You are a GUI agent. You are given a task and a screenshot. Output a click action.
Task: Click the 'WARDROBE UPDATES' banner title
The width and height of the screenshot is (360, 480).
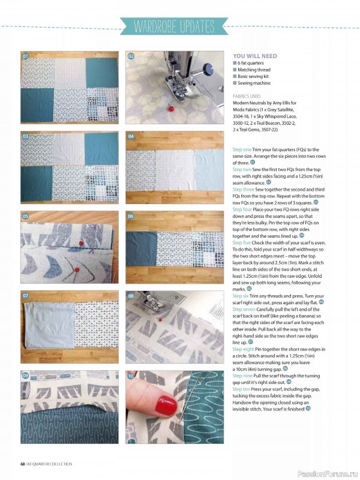tap(174, 26)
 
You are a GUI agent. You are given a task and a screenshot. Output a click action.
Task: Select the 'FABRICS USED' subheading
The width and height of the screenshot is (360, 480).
tap(247, 95)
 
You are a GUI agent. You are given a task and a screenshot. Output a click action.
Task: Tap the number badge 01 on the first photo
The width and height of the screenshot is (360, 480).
tap(26, 56)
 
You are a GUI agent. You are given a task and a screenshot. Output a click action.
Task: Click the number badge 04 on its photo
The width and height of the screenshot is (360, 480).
tap(131, 136)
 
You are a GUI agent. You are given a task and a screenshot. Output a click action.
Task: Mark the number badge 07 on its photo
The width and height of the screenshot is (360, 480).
tap(26, 296)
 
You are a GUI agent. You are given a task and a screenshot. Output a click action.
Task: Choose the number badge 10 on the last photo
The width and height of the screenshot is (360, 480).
tap(131, 376)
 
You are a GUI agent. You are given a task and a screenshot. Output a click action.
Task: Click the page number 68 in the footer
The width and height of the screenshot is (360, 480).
tap(22, 464)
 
